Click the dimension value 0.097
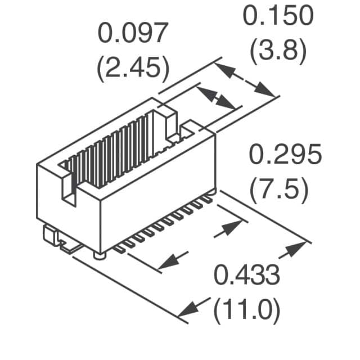point(133,33)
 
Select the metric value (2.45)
point(133,67)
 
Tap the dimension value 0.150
point(278,15)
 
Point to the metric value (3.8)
point(278,51)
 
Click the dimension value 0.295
point(285,154)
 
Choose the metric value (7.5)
point(279,190)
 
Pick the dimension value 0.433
point(247,275)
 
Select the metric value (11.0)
point(247,310)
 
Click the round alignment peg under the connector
point(100,255)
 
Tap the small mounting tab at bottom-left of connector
point(49,235)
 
